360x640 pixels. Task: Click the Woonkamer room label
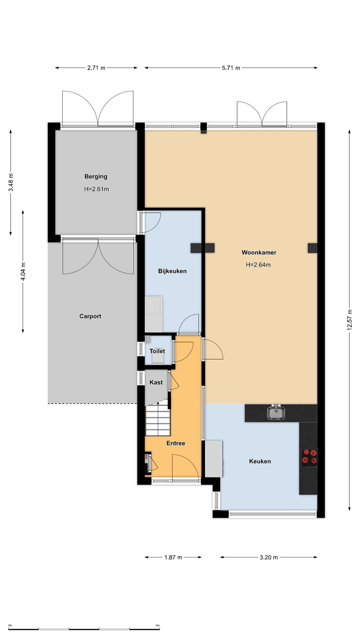(x=259, y=252)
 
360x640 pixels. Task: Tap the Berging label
(x=96, y=176)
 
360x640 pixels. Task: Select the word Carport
(x=90, y=316)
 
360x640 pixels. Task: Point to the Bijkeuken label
(x=172, y=271)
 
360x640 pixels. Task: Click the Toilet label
(x=157, y=351)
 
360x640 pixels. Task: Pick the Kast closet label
(x=156, y=382)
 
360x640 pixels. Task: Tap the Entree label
(x=176, y=443)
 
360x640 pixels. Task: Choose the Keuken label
(x=260, y=461)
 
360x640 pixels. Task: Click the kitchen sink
(x=276, y=412)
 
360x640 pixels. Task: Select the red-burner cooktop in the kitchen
(x=309, y=456)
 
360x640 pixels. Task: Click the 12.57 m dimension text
(x=349, y=320)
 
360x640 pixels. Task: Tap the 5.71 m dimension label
(x=231, y=68)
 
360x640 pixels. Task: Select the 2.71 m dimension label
(x=96, y=68)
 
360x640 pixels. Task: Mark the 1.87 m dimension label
(x=173, y=557)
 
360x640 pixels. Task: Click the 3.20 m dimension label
(x=268, y=557)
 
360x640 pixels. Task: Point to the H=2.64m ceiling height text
(x=258, y=265)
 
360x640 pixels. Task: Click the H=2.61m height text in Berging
(x=96, y=189)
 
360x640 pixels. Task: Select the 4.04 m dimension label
(x=23, y=272)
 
